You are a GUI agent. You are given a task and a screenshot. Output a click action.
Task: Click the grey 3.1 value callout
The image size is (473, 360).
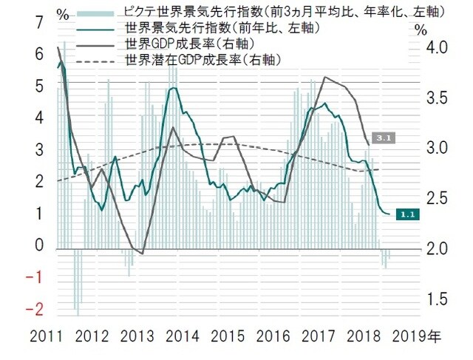[383, 137]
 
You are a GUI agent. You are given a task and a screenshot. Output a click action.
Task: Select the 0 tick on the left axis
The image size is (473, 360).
[38, 245]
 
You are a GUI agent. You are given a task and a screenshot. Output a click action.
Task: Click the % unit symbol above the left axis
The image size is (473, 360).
[64, 13]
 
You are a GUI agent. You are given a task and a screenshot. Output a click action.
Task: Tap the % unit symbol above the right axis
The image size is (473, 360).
[421, 30]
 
